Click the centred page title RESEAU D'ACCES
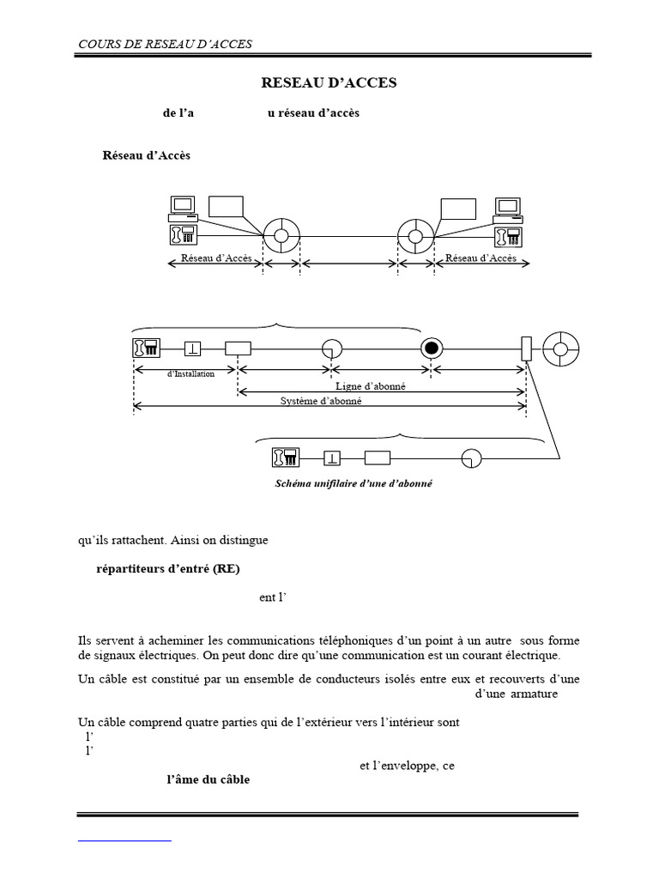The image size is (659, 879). (329, 82)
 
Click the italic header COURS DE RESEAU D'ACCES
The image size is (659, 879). (166, 44)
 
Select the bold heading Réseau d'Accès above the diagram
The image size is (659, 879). (147, 155)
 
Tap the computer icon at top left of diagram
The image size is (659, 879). (183, 206)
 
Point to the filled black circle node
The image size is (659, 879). (431, 349)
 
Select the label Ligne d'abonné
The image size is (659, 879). (370, 387)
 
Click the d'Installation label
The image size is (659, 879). (190, 373)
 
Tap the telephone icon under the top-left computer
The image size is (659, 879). (184, 233)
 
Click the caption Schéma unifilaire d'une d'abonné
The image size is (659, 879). (354, 483)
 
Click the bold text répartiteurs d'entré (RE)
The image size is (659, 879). (174, 570)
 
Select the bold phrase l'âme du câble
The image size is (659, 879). (208, 780)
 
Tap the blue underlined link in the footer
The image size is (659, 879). (124, 840)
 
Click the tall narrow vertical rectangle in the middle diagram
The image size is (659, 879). (527, 349)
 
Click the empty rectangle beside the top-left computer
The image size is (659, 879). (226, 207)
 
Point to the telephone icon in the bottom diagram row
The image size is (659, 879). (285, 457)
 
